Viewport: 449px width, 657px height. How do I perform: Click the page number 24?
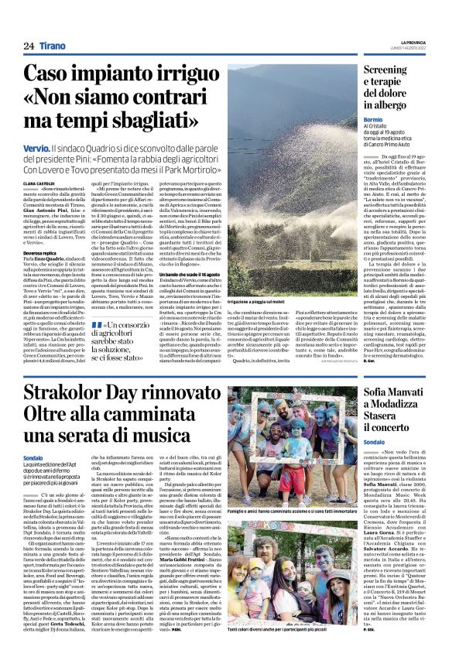coord(29,46)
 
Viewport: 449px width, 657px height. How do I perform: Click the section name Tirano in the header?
coord(54,46)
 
